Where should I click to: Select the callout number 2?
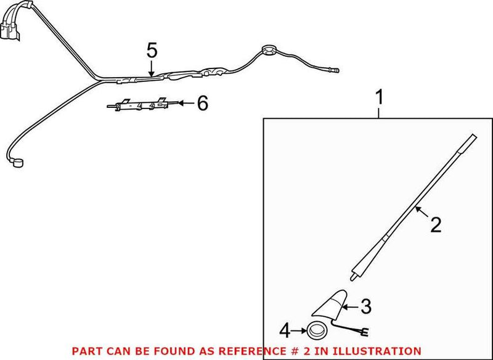click(x=436, y=225)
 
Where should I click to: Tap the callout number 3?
click(x=365, y=305)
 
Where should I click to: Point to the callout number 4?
click(x=285, y=331)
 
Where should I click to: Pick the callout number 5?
click(x=152, y=51)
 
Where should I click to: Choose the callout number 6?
click(x=202, y=104)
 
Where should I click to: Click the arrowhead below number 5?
click(x=152, y=75)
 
